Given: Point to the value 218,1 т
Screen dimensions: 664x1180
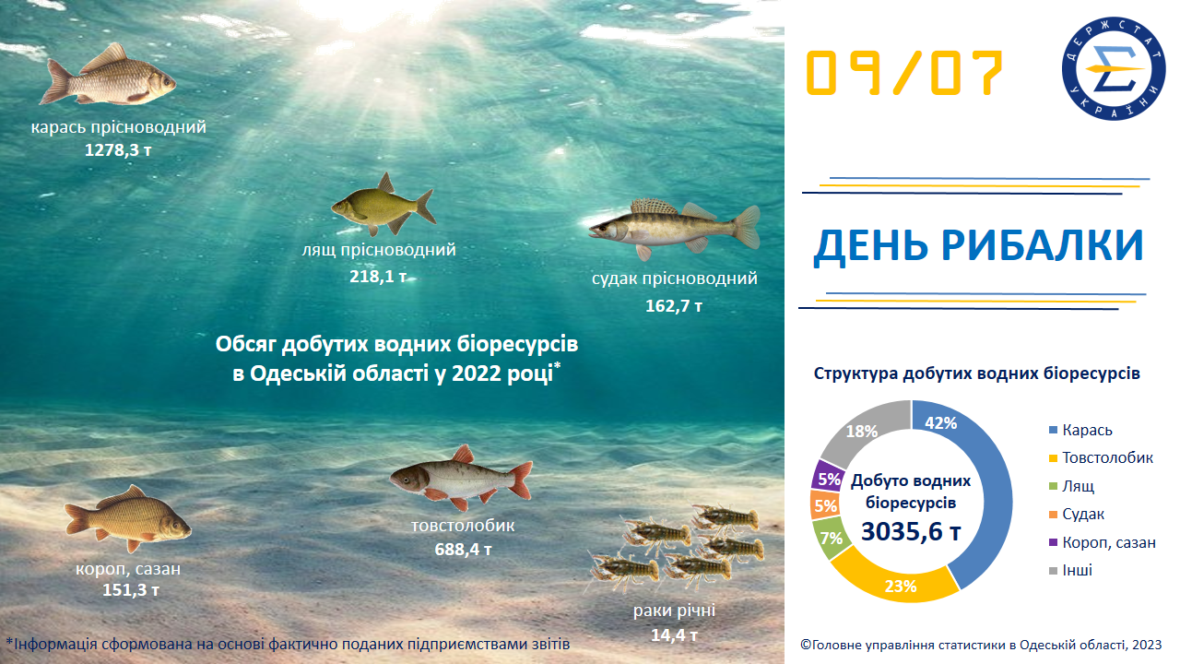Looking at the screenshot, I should pos(378,276).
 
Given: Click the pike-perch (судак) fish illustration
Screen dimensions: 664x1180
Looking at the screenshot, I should pos(673,226).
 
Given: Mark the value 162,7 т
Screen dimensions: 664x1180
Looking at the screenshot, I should pos(674,305).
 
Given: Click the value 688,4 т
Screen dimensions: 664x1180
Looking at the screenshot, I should pos(463,550).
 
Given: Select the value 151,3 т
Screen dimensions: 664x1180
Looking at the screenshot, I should pos(131,589).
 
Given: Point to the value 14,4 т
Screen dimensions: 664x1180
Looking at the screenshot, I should pos(674,634).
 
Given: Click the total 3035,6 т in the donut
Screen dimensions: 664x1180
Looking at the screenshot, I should pos(911,533).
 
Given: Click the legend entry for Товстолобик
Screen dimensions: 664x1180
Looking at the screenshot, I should pos(1107,458).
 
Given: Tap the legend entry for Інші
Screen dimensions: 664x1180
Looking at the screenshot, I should pos(1077,570).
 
